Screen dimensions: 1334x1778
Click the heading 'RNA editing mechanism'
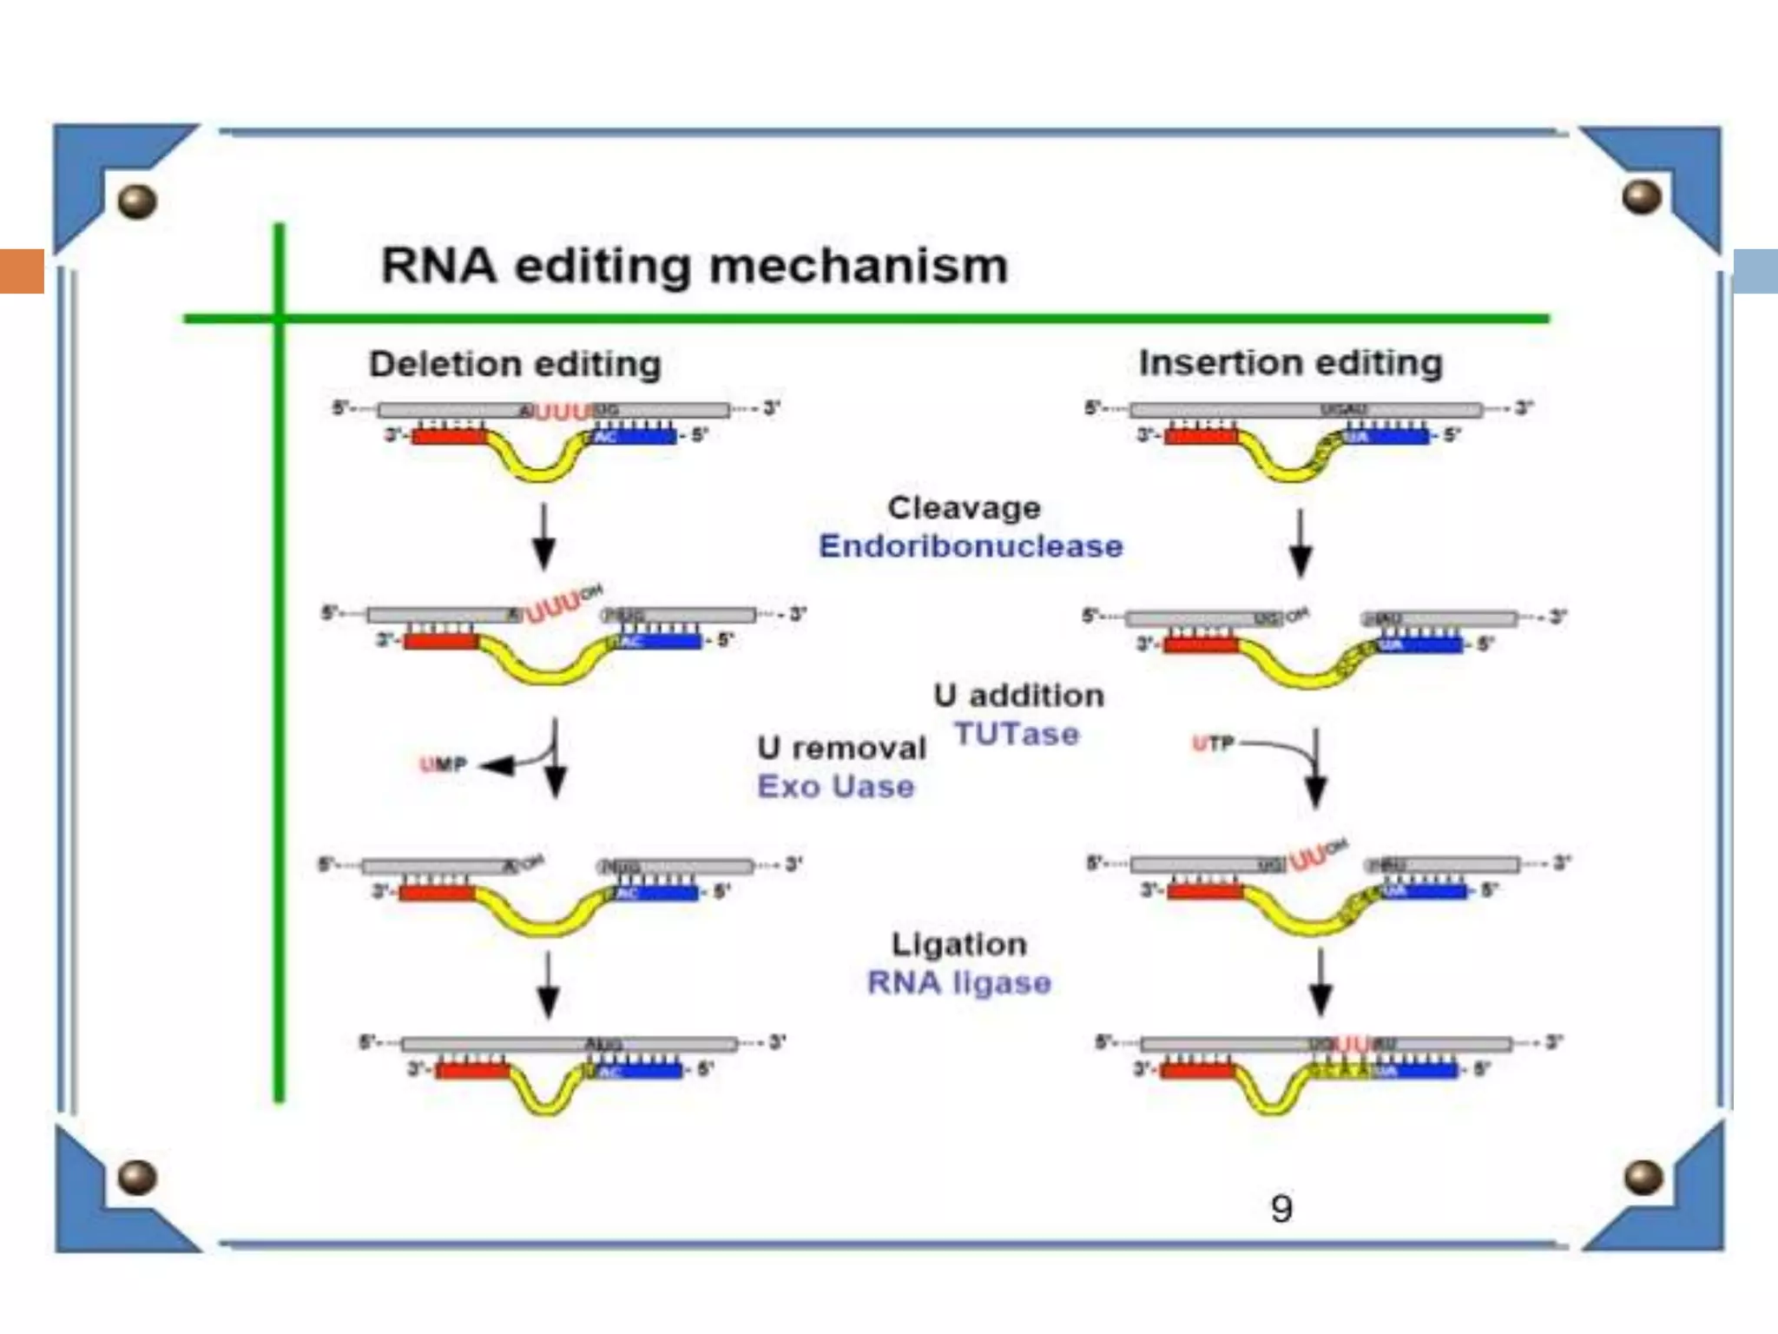coord(695,265)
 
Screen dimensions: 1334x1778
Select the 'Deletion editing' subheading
coord(515,364)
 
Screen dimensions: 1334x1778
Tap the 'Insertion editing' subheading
coord(1290,362)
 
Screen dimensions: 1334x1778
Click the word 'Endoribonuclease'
coord(971,546)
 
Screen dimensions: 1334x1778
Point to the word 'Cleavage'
coord(964,507)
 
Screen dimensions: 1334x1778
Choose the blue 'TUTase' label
coord(1017,735)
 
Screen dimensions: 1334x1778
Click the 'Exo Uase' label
coord(836,787)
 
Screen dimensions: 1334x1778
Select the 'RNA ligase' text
coord(959,983)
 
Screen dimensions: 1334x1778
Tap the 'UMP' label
coord(444,764)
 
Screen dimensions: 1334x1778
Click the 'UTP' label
coord(1213,743)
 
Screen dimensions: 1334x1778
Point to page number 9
coord(1281,1209)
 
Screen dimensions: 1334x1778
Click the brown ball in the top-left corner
coord(137,201)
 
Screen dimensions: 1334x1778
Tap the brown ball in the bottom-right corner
coord(1643,1178)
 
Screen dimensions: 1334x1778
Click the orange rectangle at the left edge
coord(22,270)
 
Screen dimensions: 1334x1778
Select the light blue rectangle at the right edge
coord(1755,270)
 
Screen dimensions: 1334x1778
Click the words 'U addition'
coord(1018,696)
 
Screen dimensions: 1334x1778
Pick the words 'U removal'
coord(841,748)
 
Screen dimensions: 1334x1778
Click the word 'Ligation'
coord(959,944)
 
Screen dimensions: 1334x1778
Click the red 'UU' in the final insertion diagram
coord(1352,1043)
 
